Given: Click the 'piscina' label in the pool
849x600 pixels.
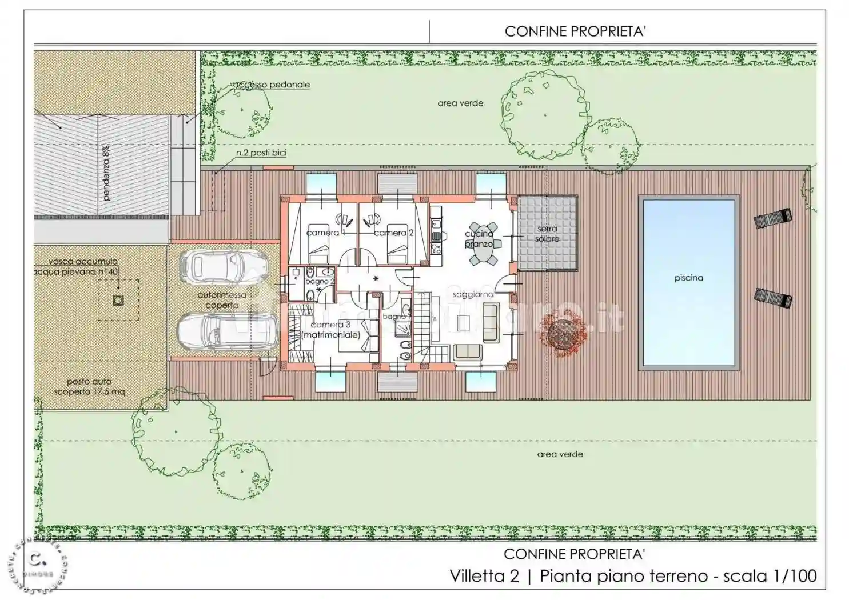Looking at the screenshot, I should pos(688,278).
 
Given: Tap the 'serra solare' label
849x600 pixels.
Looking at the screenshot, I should pos(547,234).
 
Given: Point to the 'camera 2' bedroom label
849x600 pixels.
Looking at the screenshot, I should pos(393,233).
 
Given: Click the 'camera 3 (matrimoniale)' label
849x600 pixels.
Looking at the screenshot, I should pos(330,330).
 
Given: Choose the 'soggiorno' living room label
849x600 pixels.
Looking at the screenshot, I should pos(473,294).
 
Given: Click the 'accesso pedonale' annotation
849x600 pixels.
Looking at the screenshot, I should pos(271,85).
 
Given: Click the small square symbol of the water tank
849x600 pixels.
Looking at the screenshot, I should pos(118,300).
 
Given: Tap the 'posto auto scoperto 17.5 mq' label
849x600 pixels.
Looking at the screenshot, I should pos(89,387).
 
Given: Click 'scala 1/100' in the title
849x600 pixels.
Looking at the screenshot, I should pos(770,575).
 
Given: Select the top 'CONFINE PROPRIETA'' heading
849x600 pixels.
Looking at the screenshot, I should pos(575,31).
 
